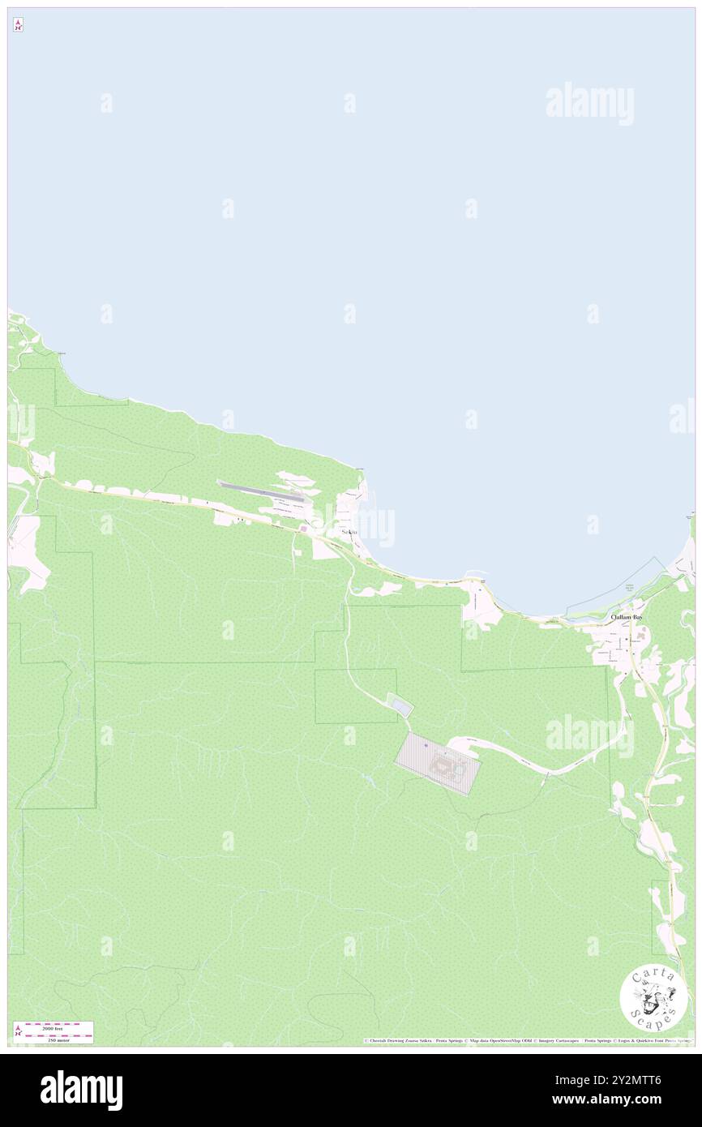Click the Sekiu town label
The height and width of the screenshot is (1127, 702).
349,532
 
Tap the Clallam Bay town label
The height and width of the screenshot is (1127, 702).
627,617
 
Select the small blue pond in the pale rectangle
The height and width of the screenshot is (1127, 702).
401,707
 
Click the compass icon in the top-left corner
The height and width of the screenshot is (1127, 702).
18,25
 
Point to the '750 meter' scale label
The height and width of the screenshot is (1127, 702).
54,1039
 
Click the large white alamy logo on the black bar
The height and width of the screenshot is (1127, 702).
81,1091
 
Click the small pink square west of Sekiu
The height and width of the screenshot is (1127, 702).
303,529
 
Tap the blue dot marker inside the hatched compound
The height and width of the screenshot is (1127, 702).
426,745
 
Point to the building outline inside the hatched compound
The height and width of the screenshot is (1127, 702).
445,764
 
